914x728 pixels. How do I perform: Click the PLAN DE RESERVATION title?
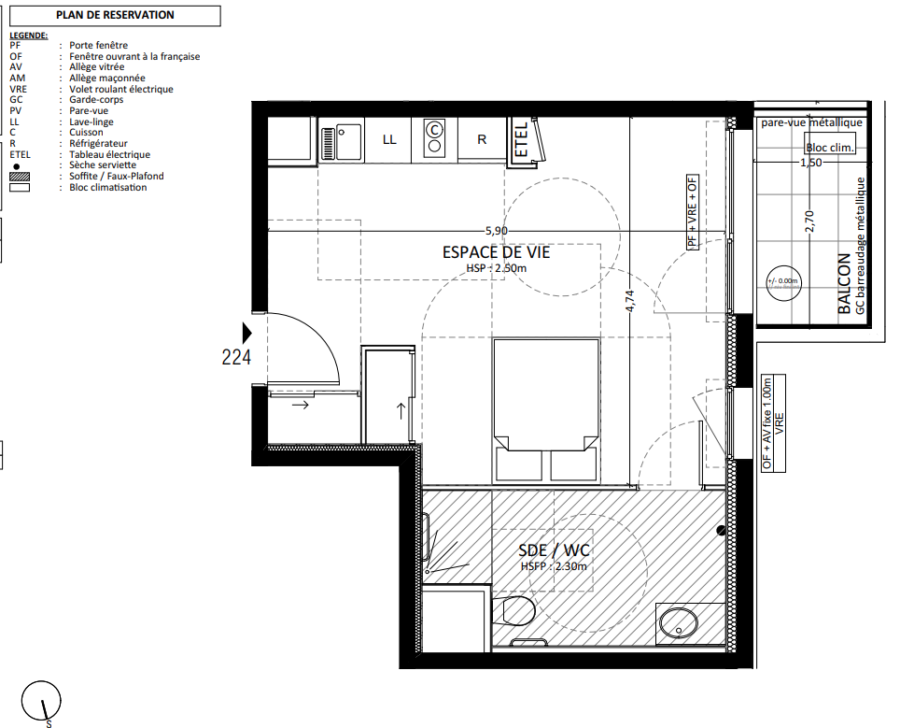pyautogui.click(x=115, y=15)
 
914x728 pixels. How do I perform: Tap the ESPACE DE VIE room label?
pyautogui.click(x=496, y=252)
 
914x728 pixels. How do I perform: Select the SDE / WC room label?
pyautogui.click(x=554, y=550)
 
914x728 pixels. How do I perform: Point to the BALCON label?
pyautogui.click(x=843, y=283)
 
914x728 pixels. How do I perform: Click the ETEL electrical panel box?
pyautogui.click(x=524, y=140)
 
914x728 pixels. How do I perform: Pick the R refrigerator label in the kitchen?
pyautogui.click(x=482, y=139)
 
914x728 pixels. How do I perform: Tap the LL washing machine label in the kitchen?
pyautogui.click(x=389, y=139)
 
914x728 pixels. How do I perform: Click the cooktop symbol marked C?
pyautogui.click(x=434, y=136)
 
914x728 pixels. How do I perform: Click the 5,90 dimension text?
pyautogui.click(x=496, y=232)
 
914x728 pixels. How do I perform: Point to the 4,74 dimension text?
pyautogui.click(x=629, y=301)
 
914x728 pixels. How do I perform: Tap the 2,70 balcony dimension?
pyautogui.click(x=809, y=221)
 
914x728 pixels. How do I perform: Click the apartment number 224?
pyautogui.click(x=236, y=356)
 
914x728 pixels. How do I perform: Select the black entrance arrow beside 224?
pyautogui.click(x=246, y=333)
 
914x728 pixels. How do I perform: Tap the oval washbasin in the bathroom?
pyautogui.click(x=679, y=623)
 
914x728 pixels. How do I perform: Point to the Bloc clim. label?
pyautogui.click(x=829, y=148)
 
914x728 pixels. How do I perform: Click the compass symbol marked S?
pyautogui.click(x=41, y=702)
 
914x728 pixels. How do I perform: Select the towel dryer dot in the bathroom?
pyautogui.click(x=721, y=530)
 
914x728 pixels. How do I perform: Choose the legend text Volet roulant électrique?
pyautogui.click(x=121, y=90)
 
